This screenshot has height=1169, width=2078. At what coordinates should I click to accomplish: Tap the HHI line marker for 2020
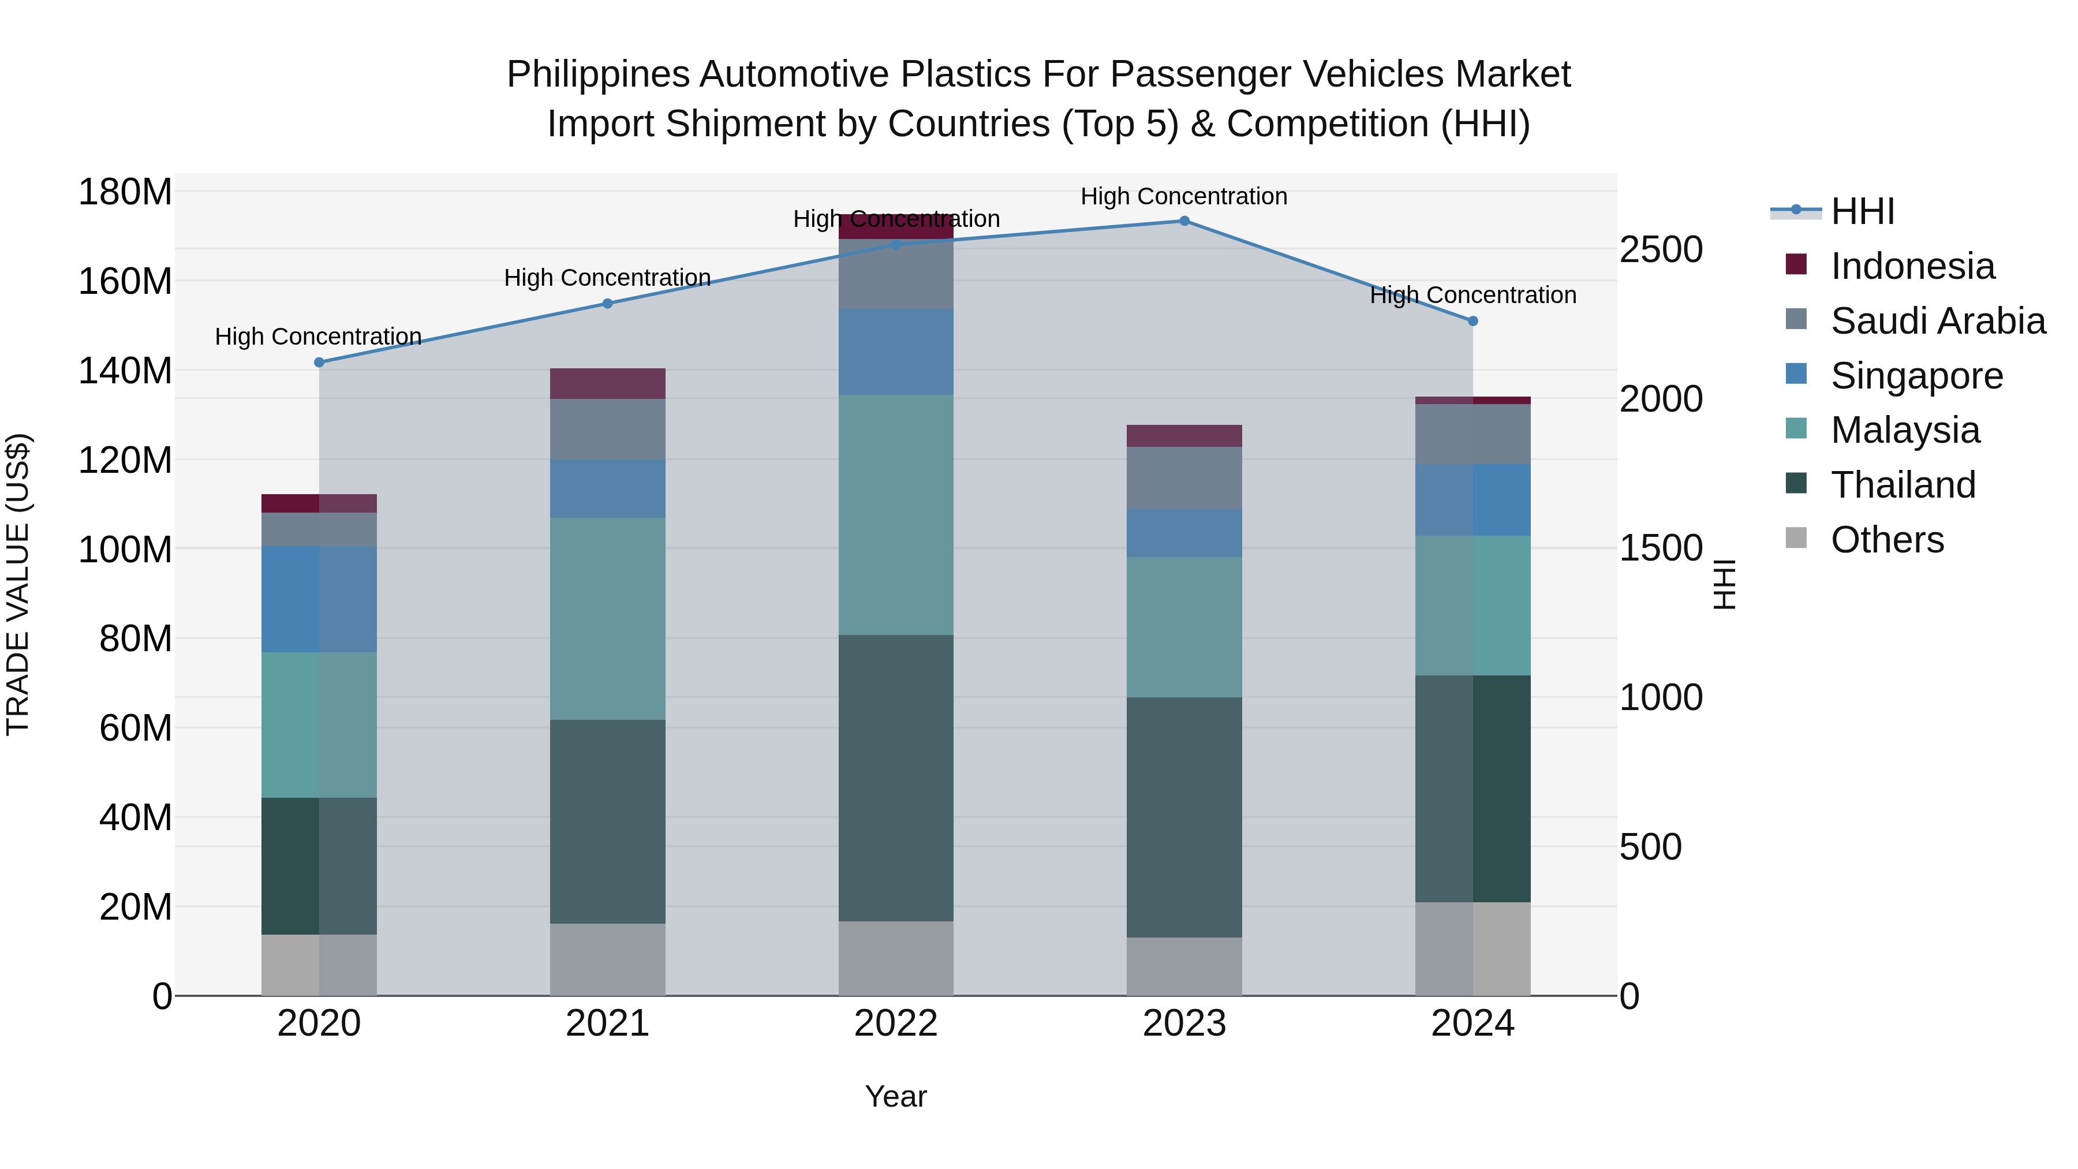[319, 362]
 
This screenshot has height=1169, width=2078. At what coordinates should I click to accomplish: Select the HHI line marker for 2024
[1472, 321]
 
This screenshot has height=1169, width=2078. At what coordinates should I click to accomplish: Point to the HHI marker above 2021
[607, 303]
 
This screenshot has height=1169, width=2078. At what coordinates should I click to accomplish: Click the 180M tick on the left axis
[125, 193]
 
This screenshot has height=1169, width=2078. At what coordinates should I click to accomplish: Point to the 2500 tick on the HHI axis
[1661, 250]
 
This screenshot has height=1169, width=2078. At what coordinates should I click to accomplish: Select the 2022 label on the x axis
[895, 1024]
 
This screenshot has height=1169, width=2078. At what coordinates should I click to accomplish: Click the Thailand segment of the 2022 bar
[895, 778]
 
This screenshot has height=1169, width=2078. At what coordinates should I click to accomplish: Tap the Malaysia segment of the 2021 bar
[607, 619]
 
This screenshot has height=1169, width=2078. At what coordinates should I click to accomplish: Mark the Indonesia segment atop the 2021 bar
[607, 384]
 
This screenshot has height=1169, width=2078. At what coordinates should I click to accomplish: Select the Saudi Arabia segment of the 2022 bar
[895, 274]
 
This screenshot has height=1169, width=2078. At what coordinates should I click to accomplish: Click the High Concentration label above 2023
[1183, 197]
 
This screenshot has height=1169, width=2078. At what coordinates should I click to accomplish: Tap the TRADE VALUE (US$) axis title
[18, 584]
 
